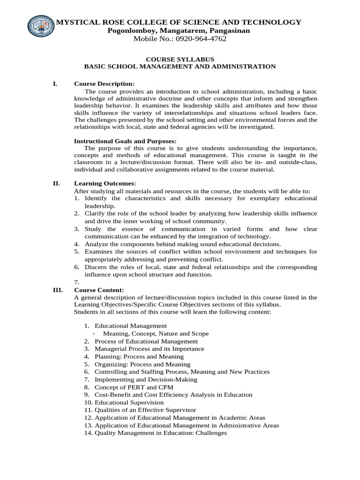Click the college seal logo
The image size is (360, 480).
pyautogui.click(x=41, y=29)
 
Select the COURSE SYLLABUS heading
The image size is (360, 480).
pyautogui.click(x=180, y=59)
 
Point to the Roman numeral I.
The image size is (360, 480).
pyautogui.click(x=55, y=83)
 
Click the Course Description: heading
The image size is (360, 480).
pyautogui.click(x=104, y=83)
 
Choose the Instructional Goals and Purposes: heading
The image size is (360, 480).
pyautogui.click(x=125, y=141)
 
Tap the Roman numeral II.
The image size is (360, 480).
pyautogui.click(x=56, y=183)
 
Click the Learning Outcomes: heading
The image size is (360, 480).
pyautogui.click(x=105, y=183)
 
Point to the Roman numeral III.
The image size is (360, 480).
pyautogui.click(x=57, y=290)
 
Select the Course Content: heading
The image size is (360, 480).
pyautogui.click(x=99, y=290)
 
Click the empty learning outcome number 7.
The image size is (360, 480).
pyautogui.click(x=77, y=282)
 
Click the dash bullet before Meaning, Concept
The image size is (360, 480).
pyautogui.click(x=94, y=333)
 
